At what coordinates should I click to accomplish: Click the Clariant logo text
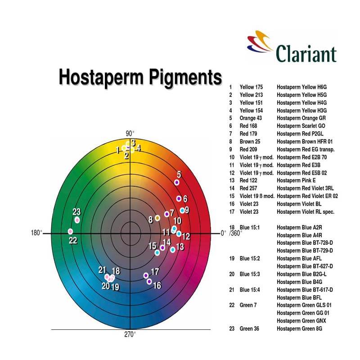tap(306, 54)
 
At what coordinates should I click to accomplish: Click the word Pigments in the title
tap(185, 77)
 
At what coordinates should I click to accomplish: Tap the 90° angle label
tap(130, 133)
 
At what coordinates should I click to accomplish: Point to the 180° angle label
tap(37, 233)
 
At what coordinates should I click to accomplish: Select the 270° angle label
tap(130, 334)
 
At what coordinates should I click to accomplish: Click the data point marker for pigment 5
tap(176, 182)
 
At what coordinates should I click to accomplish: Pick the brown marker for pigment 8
tap(157, 218)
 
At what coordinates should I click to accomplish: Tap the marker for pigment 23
tap(77, 220)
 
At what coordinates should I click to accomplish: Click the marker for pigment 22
tap(71, 231)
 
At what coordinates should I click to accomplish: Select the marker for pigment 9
tap(182, 210)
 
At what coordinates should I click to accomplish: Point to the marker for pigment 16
tap(149, 281)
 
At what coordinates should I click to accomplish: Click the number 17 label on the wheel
tap(155, 272)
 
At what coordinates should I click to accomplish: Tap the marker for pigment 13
tap(173, 250)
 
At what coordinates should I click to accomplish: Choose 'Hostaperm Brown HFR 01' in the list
tap(305, 141)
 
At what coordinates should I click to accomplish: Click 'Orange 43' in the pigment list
tap(251, 118)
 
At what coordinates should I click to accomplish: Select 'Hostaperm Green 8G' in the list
tap(299, 328)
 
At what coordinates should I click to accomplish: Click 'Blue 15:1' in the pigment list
tap(250, 227)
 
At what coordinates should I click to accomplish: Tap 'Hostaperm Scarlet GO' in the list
tap(301, 126)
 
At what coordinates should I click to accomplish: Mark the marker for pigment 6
tap(179, 198)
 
